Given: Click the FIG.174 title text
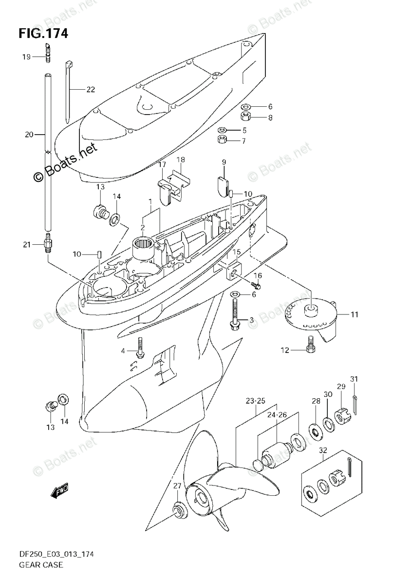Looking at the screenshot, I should point(43,34).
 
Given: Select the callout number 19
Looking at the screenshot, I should point(26,57).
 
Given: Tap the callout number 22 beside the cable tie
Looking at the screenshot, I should point(91,89).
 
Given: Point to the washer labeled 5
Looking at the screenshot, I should point(223,130).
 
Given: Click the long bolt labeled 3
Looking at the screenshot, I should point(235,317).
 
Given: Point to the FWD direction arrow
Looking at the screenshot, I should point(60,490).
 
